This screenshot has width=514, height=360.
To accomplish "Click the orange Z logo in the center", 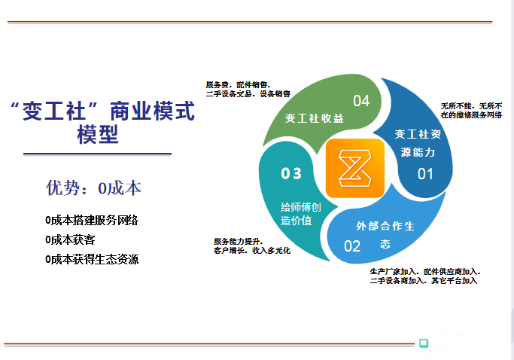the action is [x=355, y=168].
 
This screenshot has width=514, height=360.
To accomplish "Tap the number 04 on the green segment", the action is [x=361, y=101].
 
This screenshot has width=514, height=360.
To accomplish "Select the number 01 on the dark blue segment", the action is [x=425, y=174].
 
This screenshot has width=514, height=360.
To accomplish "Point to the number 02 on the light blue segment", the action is [x=352, y=246].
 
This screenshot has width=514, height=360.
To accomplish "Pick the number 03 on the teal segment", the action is [x=291, y=174].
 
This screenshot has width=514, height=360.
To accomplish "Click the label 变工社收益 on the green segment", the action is [x=315, y=118].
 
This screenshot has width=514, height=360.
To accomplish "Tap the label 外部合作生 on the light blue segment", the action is [x=385, y=226].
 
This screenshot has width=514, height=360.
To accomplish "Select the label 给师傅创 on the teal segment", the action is [x=301, y=207].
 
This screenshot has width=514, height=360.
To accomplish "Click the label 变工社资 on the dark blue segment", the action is [x=418, y=134].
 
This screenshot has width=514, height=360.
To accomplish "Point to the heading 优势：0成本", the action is [x=93, y=188].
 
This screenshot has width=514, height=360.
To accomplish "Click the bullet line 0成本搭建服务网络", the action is [x=92, y=220].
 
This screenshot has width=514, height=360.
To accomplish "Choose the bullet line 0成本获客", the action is [x=70, y=240].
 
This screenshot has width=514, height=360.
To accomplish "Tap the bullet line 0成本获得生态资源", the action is [x=92, y=260].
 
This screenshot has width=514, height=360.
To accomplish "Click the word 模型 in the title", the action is [x=98, y=135].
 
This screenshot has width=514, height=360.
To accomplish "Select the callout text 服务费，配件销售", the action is [x=238, y=85].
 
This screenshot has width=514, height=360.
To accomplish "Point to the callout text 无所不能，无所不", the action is [x=471, y=106].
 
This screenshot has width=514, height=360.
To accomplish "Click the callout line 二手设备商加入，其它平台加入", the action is [x=424, y=281].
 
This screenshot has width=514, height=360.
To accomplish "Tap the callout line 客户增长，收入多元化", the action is [x=252, y=250].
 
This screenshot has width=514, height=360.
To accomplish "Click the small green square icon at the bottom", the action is [x=424, y=343].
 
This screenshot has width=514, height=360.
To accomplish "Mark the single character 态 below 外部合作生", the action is [x=385, y=244].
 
